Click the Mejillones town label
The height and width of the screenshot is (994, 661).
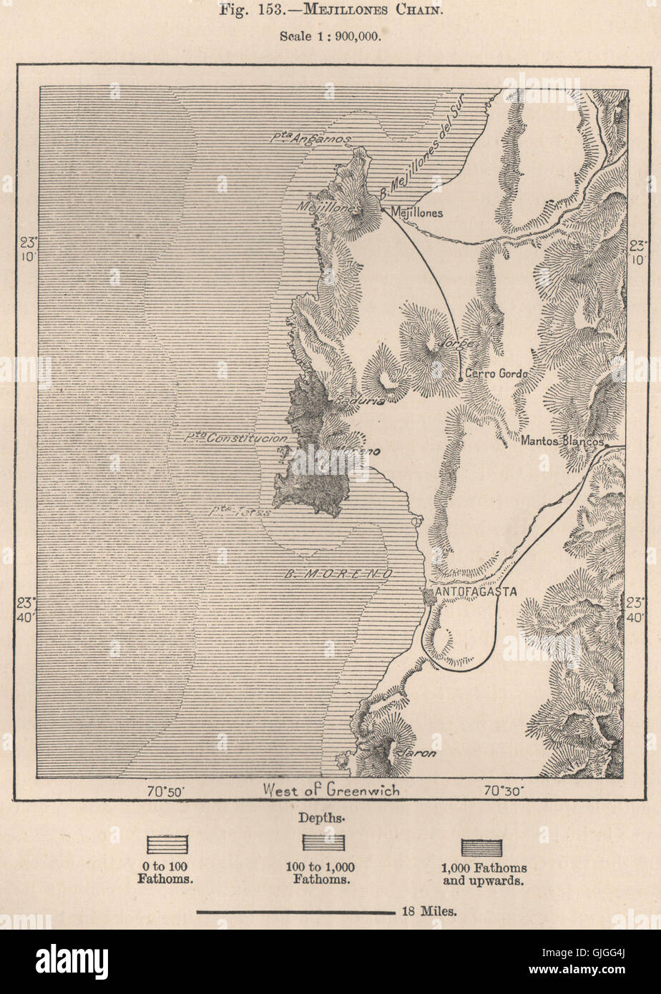coord(416,212)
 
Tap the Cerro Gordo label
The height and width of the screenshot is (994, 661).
coord(496,373)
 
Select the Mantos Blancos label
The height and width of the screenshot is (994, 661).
coord(563,441)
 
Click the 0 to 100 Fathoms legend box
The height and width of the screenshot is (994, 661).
coord(167,845)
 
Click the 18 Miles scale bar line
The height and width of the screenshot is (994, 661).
coord(295,912)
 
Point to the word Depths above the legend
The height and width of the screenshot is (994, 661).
coord(328,816)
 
